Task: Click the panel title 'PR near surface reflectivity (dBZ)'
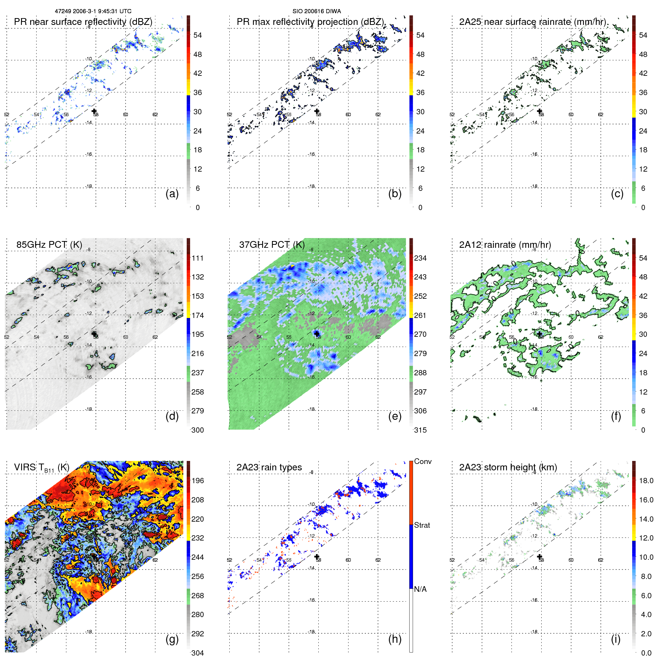pyautogui.click(x=83, y=22)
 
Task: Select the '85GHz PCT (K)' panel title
pyautogui.click(x=49, y=244)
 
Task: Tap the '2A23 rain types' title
pyautogui.click(x=269, y=467)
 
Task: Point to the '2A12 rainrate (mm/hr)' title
pyautogui.click(x=505, y=244)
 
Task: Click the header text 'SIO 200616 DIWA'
pyautogui.click(x=316, y=11)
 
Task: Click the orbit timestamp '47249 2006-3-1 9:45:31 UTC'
pyautogui.click(x=93, y=11)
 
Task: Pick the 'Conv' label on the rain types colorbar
pyautogui.click(x=422, y=461)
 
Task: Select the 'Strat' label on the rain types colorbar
pyautogui.click(x=422, y=525)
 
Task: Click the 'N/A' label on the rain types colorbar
pyautogui.click(x=420, y=589)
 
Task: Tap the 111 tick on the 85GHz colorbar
pyautogui.click(x=198, y=258)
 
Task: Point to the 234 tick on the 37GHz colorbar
pyautogui.click(x=420, y=258)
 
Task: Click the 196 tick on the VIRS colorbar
pyautogui.click(x=198, y=481)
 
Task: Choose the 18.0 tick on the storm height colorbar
pyautogui.click(x=646, y=481)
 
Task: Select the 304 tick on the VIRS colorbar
pyautogui.click(x=198, y=653)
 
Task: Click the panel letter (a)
pyautogui.click(x=172, y=193)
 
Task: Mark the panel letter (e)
pyautogui.click(x=395, y=416)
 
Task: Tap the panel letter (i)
pyautogui.click(x=615, y=639)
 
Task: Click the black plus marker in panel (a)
pyautogui.click(x=94, y=111)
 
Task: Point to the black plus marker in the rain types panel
pyautogui.click(x=317, y=556)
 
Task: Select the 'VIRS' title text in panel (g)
pyautogui.click(x=25, y=467)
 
